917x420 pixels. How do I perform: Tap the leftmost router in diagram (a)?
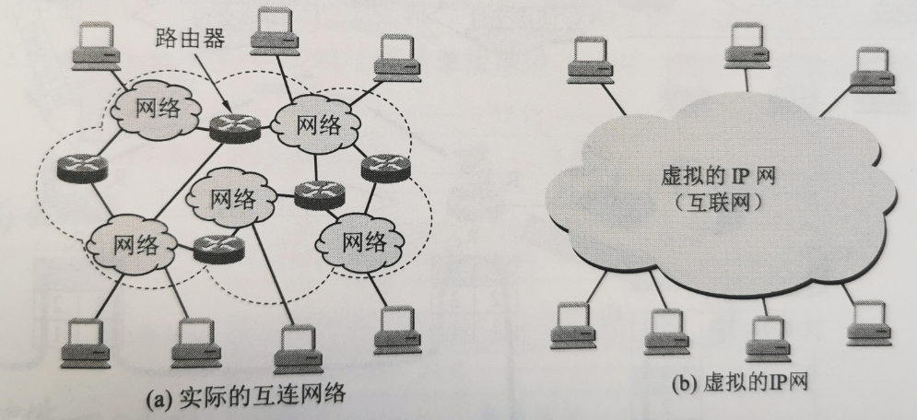80,169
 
